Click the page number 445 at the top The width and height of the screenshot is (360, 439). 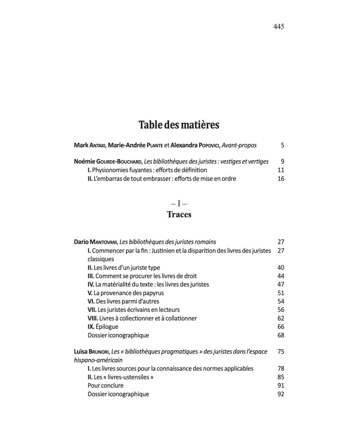pos(279,27)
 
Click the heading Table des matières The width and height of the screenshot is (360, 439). pos(179,125)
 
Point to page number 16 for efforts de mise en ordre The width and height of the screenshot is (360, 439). pos(281,179)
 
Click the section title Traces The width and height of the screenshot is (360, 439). pos(179,215)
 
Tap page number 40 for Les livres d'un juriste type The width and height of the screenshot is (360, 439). pos(281,268)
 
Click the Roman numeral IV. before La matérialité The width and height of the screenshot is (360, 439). pos(90,284)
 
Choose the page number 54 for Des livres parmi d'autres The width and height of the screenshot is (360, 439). pos(281,301)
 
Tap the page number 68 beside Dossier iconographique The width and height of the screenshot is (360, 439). pos(281,335)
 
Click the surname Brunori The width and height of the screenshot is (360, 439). pos(102,352)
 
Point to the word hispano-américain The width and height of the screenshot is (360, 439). pos(98,360)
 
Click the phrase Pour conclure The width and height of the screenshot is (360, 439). pos(105,385)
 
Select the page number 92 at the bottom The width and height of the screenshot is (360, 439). pos(281,394)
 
